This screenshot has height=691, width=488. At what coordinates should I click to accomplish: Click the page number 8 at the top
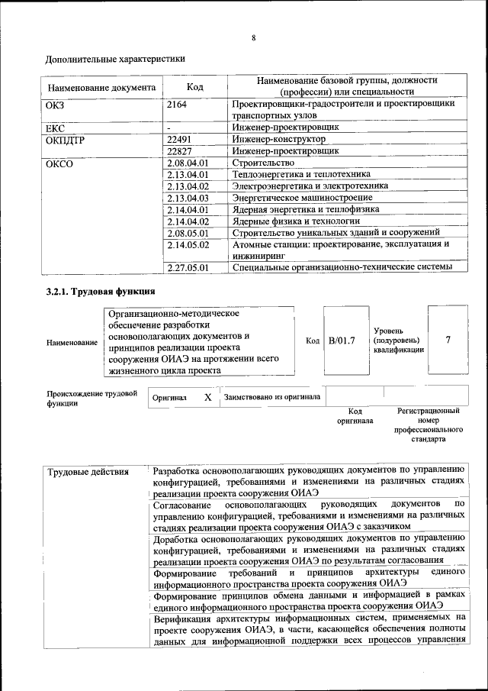[253, 39]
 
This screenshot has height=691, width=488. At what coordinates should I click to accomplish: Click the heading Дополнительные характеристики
[115, 58]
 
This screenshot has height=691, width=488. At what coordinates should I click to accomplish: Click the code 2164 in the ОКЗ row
[177, 104]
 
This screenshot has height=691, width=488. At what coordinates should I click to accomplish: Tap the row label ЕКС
[56, 128]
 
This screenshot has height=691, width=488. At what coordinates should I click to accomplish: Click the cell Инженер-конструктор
[279, 140]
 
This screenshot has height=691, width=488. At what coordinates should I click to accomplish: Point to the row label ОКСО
[59, 163]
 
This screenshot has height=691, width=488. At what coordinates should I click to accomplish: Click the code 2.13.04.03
[188, 197]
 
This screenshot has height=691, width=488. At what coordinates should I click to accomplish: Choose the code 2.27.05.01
[188, 266]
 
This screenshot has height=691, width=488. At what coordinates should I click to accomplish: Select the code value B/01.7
[342, 340]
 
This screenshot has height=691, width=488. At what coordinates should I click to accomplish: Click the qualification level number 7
[448, 340]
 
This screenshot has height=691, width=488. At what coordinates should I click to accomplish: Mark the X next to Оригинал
[207, 398]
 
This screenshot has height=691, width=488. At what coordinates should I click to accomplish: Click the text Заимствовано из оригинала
[272, 398]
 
